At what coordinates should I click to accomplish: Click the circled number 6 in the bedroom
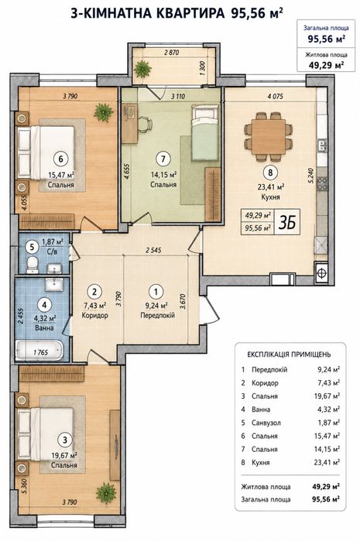click(x=61, y=159)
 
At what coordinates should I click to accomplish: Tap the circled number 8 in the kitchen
click(x=270, y=172)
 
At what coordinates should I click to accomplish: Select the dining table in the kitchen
click(x=269, y=137)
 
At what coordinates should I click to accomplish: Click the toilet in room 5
click(x=33, y=265)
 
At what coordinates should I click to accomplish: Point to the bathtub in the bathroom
click(x=39, y=350)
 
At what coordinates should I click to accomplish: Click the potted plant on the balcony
click(x=142, y=70)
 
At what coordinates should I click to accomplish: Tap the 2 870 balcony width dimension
click(x=172, y=53)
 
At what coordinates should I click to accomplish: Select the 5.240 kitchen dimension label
click(x=311, y=175)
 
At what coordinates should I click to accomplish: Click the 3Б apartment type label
click(x=287, y=223)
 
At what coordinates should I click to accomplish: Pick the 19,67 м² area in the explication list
click(x=327, y=395)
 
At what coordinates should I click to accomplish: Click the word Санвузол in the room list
click(x=266, y=423)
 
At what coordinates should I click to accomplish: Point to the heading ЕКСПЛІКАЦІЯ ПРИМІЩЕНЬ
click(x=289, y=354)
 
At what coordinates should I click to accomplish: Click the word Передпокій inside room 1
click(x=157, y=315)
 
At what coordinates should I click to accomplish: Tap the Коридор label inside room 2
click(x=95, y=315)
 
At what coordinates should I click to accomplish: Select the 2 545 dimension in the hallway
click(x=153, y=250)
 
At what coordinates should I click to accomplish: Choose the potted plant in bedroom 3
click(x=106, y=493)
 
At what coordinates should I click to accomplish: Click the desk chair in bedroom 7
click(x=146, y=124)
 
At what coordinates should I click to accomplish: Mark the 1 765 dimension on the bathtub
click(x=41, y=353)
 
